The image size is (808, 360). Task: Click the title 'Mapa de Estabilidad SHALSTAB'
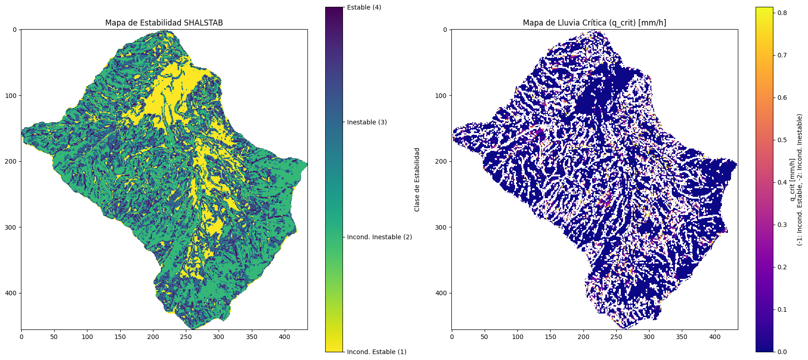164,23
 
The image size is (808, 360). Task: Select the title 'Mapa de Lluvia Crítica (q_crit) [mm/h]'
594,23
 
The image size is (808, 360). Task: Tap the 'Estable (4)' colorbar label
364,7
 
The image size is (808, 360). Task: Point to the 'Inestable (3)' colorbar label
367,122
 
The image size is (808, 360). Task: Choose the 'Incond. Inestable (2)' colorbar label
379,237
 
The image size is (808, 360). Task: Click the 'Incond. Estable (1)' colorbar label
377,352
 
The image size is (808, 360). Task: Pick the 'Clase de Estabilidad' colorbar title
417,180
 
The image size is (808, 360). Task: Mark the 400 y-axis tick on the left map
11,293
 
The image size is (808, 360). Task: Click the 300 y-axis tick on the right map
442,227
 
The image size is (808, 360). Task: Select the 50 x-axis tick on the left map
54,337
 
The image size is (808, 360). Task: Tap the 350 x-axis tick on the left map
252,337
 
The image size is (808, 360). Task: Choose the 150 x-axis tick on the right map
551,337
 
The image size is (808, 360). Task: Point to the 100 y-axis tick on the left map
11,95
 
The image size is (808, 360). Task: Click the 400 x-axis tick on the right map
715,337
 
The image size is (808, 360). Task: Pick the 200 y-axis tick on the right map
442,161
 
